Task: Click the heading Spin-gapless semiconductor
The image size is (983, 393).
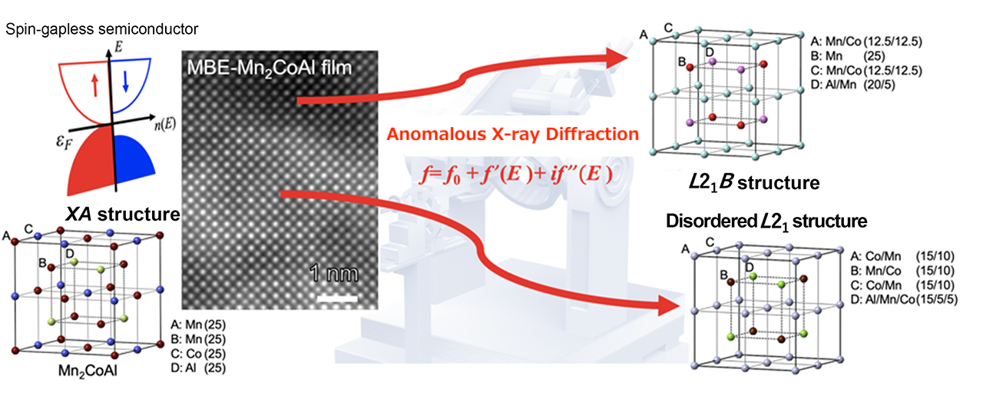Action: (x=102, y=29)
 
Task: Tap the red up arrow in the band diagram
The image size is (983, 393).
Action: (x=94, y=85)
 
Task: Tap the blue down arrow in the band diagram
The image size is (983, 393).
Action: (x=125, y=82)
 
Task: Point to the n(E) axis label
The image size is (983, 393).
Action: (x=164, y=125)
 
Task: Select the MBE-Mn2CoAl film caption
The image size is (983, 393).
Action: (x=269, y=68)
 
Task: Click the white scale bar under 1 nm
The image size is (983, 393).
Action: (x=337, y=299)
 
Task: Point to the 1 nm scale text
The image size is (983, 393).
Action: (x=334, y=274)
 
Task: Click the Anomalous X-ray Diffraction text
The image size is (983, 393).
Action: (x=512, y=134)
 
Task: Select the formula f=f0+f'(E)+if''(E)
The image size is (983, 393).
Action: (x=516, y=175)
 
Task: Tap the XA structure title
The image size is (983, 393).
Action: (x=122, y=214)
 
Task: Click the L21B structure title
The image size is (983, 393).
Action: (x=754, y=182)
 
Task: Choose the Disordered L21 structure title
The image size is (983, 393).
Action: (x=766, y=221)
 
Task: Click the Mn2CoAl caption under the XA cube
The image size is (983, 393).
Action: (x=88, y=371)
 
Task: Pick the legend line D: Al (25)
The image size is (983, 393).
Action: (x=198, y=368)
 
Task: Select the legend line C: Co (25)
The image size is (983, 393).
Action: (x=198, y=354)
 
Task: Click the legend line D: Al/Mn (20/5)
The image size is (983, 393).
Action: (x=852, y=85)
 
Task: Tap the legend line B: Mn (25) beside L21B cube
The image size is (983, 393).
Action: (x=848, y=56)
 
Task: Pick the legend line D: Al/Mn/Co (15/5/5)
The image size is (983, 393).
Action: (x=904, y=299)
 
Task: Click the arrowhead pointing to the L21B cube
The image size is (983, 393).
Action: (x=616, y=58)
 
